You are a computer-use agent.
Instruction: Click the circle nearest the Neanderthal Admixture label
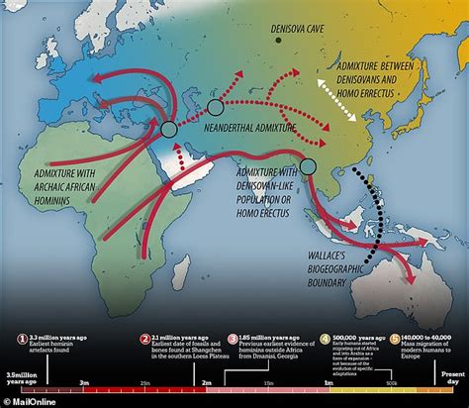(x=216, y=106)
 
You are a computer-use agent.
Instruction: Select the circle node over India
(x=308, y=167)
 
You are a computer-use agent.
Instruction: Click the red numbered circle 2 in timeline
(x=143, y=338)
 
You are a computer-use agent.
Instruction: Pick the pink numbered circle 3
(x=234, y=338)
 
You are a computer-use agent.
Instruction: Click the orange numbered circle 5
(x=395, y=338)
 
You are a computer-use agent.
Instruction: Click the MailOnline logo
(x=31, y=398)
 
